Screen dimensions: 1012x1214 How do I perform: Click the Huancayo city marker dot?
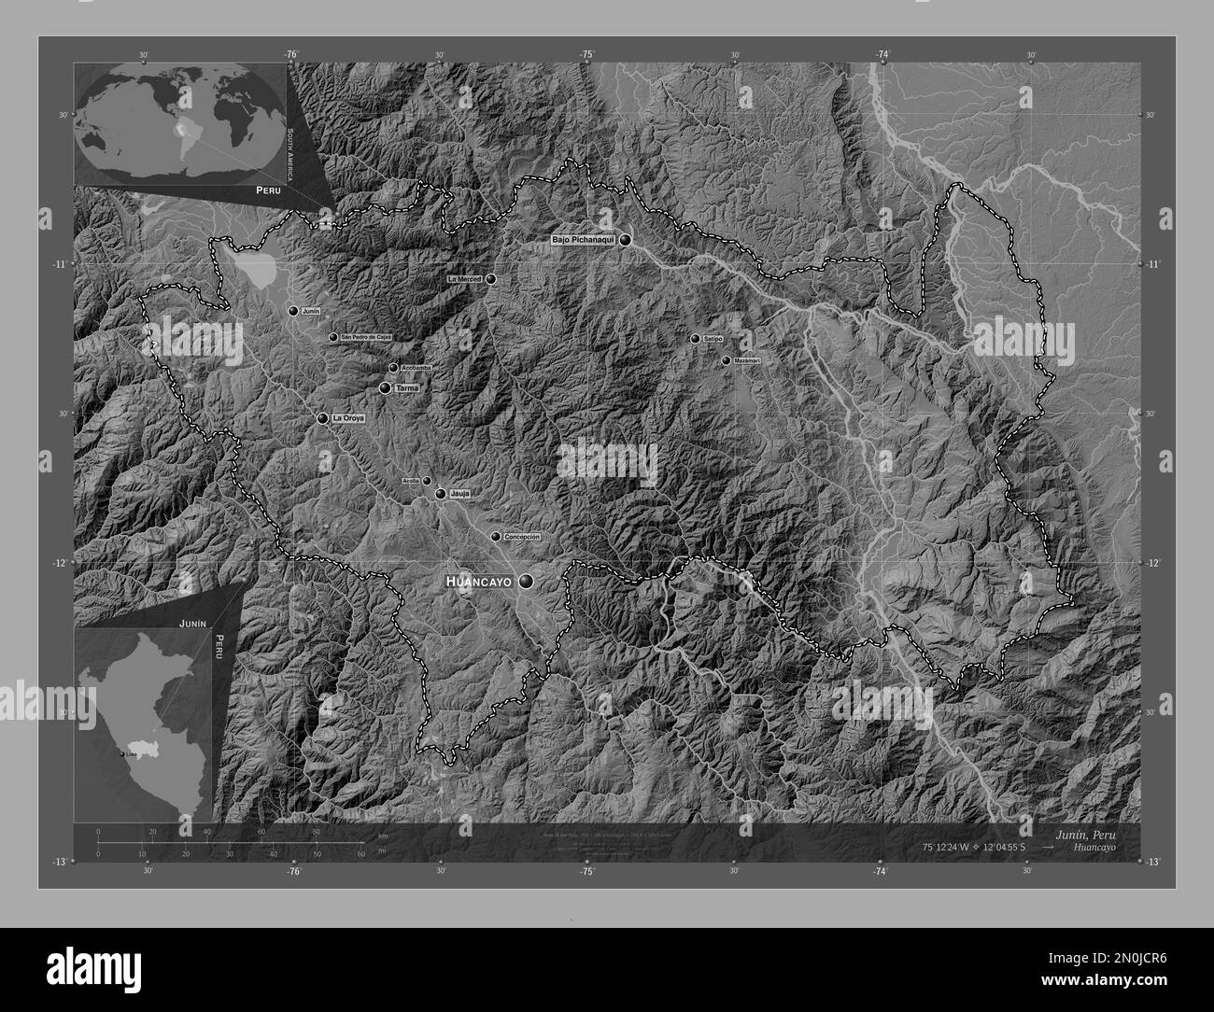[528, 582]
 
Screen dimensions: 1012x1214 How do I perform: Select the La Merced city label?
[464, 279]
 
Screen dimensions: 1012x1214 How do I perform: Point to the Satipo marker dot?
[695, 339]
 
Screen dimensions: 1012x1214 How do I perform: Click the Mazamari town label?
[747, 360]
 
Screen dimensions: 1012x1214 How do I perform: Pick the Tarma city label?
[407, 387]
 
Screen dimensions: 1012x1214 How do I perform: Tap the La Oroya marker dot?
[323, 419]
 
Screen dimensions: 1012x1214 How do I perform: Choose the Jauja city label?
[459, 493]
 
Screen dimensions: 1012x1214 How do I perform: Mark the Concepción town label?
[522, 537]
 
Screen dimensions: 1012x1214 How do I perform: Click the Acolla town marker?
[427, 481]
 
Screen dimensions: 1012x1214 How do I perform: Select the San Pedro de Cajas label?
[366, 337]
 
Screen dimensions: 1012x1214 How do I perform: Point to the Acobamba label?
[416, 368]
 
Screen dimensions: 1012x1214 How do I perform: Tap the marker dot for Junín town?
[293, 311]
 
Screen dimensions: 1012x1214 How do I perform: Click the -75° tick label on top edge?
[586, 55]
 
